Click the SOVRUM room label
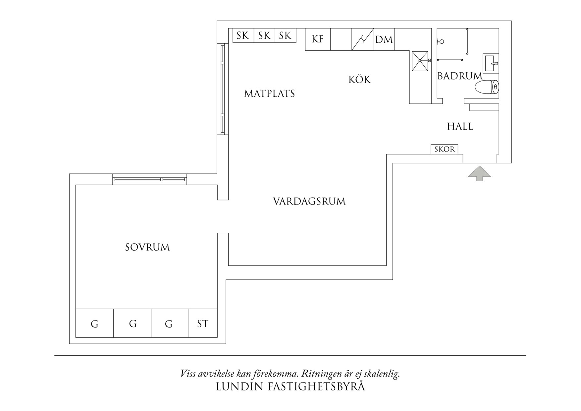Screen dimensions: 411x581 147,247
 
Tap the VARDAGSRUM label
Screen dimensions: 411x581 309,202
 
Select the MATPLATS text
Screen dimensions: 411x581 269,94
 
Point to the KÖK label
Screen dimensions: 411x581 359,80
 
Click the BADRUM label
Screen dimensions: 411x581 459,76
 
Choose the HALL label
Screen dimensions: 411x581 460,126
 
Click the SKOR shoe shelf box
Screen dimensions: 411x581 445,149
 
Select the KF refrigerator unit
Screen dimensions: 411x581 318,39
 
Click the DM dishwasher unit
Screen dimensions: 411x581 384,39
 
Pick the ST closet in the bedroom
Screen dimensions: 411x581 203,323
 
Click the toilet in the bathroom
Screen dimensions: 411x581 487,88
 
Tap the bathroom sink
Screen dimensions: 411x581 491,63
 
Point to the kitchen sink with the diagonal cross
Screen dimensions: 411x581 420,61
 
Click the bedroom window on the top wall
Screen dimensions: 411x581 149,179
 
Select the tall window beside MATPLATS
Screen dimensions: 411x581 223,89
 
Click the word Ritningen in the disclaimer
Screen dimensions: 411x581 320,374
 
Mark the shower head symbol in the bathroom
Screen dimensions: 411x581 440,42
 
